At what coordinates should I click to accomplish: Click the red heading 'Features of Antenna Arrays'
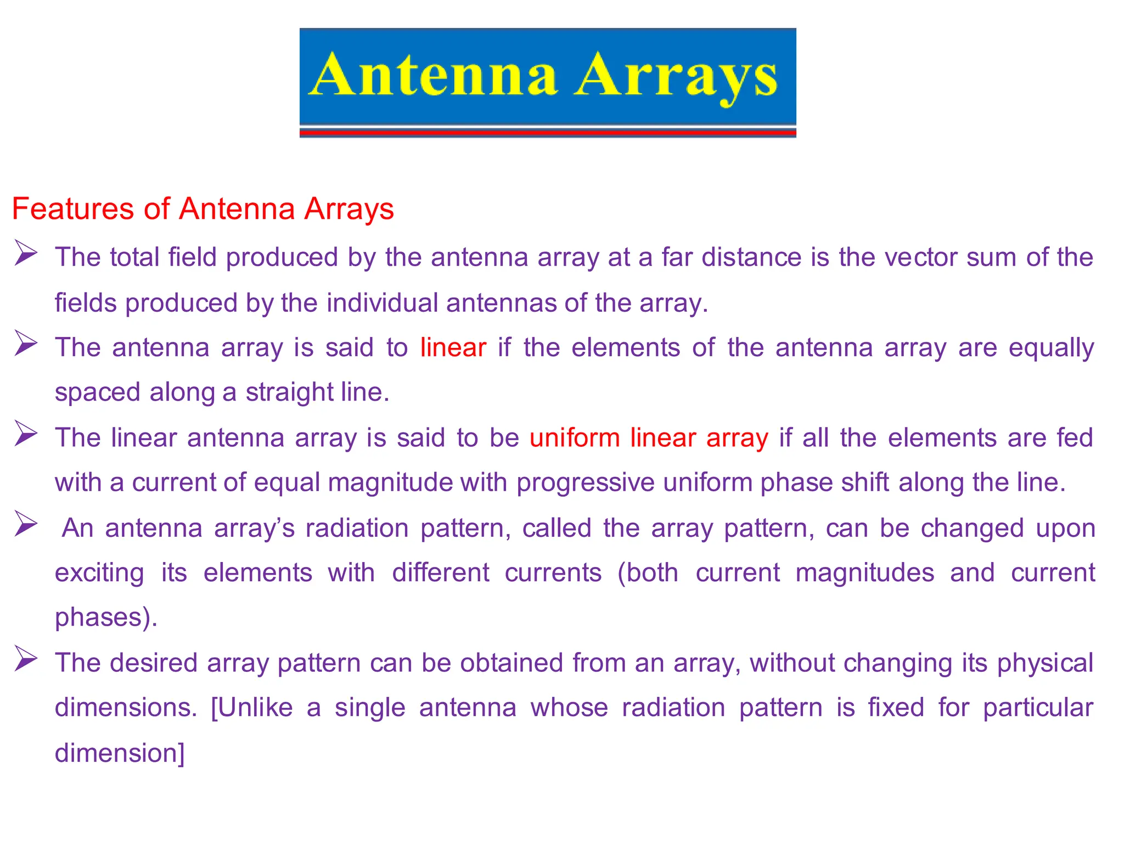tap(203, 209)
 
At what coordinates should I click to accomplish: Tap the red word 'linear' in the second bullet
tap(453, 347)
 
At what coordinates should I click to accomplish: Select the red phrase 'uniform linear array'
tap(649, 438)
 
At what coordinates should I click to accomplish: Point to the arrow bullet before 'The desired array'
tap(25, 659)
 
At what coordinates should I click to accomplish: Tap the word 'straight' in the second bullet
tap(289, 392)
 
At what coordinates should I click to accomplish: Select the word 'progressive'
tap(585, 482)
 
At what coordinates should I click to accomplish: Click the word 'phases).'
tap(106, 617)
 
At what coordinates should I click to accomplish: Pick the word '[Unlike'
tap(252, 707)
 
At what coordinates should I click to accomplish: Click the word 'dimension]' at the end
tap(120, 752)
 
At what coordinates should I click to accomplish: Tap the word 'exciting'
tap(99, 573)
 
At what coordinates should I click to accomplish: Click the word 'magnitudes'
tap(864, 573)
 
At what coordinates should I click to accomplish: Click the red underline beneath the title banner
tap(547, 132)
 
